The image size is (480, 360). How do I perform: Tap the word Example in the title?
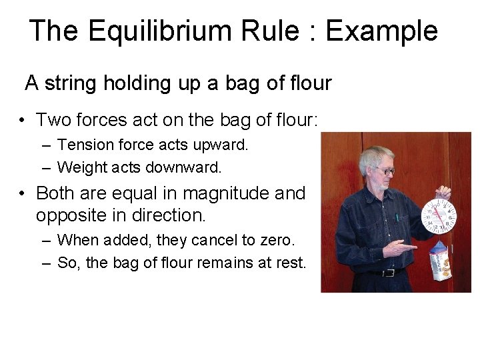(381, 32)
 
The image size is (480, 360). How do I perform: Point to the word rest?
(291, 262)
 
